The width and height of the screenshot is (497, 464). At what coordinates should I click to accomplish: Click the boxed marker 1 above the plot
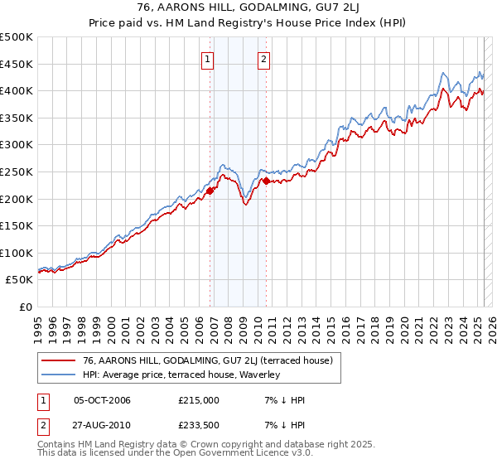206,59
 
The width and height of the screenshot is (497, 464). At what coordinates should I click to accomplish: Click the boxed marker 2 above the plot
263,59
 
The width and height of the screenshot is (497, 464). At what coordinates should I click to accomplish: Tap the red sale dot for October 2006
210,191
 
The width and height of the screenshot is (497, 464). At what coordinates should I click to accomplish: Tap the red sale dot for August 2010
266,181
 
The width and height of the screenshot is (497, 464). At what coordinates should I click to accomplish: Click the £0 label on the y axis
25,307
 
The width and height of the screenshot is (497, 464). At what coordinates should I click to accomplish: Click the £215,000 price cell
199,400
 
